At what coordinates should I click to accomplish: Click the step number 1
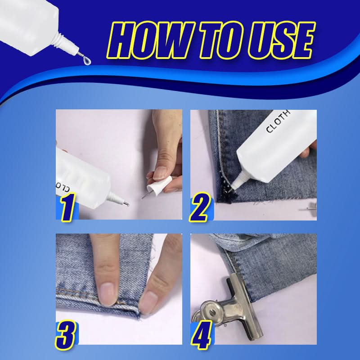click(68, 207)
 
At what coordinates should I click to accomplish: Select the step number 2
click(199, 207)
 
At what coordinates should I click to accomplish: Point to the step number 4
click(201, 335)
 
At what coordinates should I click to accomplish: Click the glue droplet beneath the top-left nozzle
click(87, 61)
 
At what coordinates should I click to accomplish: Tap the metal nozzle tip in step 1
click(126, 203)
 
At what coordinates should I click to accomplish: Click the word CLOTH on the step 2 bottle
click(278, 121)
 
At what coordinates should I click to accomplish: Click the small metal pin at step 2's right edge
click(309, 208)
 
